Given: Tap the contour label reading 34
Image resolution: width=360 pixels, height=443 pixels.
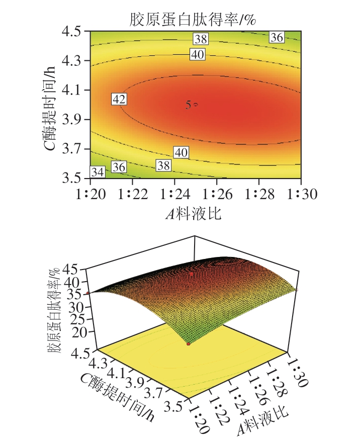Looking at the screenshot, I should point(98,172).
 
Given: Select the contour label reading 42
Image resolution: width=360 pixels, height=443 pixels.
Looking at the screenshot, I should point(119,100).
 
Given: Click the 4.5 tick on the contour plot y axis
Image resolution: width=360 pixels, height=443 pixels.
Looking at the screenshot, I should point(74,31).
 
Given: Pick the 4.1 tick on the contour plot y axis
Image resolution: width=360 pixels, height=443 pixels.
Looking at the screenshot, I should point(74,90).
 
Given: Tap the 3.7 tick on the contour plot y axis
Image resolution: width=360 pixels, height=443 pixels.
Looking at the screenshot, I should point(74,149).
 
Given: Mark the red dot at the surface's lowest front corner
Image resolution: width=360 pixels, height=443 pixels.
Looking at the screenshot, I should point(189,344).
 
